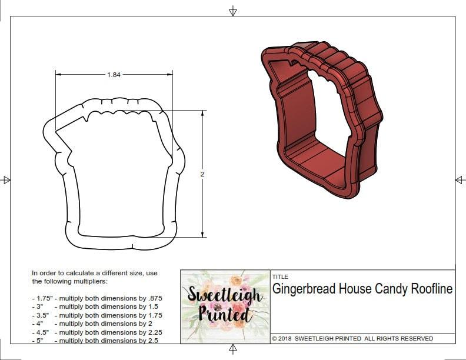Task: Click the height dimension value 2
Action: coord(203,174)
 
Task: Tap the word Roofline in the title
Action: coord(429,289)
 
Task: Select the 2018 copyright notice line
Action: coord(352,338)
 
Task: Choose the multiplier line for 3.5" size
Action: coord(97,315)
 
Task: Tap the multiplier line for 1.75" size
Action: coord(97,298)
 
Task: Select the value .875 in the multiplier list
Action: coord(155,298)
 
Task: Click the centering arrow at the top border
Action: coord(233,11)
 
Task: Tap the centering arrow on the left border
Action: coord(6,180)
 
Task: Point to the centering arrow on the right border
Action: coord(460,180)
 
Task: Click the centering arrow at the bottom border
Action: coord(233,349)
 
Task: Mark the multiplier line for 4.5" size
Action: coord(97,332)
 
